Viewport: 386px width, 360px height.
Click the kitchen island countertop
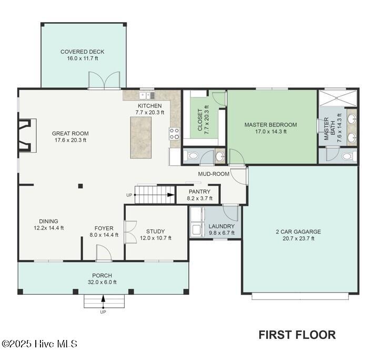(141, 137)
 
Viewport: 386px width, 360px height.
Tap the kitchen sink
(147, 95)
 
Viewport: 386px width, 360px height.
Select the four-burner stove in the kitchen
(174, 134)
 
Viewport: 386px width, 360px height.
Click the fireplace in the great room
(27, 135)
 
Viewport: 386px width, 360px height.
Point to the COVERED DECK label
(82, 52)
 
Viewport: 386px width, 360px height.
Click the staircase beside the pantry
(155, 195)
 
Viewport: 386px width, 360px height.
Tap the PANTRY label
(199, 192)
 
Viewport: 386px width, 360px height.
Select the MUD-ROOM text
(214, 174)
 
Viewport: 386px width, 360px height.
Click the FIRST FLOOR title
(297, 335)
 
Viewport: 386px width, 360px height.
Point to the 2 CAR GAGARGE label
(298, 232)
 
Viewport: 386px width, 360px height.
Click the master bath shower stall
(338, 98)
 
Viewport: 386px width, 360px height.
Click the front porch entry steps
(104, 301)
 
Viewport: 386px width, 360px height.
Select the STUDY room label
(155, 232)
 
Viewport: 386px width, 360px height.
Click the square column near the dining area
(80, 186)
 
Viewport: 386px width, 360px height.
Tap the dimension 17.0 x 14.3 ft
(270, 132)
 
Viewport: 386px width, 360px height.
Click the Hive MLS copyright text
(39, 344)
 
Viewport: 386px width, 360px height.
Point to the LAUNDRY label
(221, 226)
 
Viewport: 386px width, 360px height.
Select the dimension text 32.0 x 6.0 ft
(102, 282)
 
